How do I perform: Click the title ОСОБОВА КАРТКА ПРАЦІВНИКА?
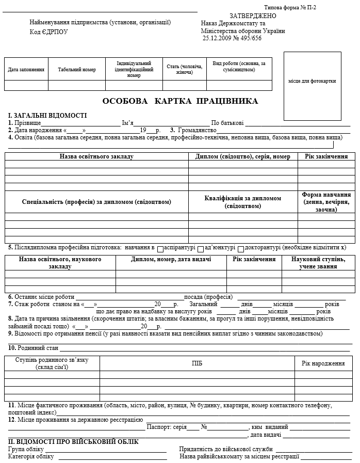180,101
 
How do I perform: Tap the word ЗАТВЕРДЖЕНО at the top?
253,16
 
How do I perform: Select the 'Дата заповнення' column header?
26,69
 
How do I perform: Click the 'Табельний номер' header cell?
77,69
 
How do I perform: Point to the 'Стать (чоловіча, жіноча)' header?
185,69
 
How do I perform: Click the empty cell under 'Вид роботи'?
239,86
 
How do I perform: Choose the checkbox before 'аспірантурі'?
160,248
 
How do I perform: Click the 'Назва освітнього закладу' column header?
96,156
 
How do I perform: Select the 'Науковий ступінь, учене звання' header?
314,263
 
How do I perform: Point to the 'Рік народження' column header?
323,363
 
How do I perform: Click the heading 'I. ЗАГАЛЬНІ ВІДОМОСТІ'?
47,116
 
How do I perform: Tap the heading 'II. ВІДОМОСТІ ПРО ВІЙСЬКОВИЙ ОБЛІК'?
73,442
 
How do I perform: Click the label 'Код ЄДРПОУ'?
48,32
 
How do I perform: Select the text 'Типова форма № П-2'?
290,7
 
